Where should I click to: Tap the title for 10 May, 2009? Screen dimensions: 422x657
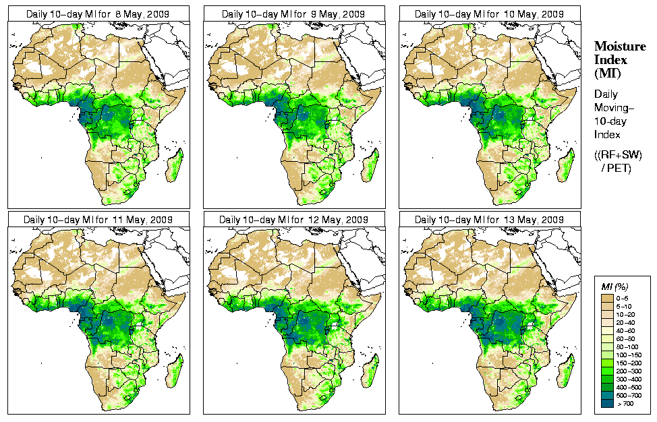[489, 13]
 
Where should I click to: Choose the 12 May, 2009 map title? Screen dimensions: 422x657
[293, 219]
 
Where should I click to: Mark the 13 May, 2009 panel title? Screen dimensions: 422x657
[489, 219]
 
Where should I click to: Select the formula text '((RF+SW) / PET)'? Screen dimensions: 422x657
[619, 161]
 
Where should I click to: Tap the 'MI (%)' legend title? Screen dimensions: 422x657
[612, 288]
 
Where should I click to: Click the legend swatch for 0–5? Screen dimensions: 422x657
[609, 297]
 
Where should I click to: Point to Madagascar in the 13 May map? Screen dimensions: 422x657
[565, 371]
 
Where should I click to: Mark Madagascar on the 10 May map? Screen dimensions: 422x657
[565, 165]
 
